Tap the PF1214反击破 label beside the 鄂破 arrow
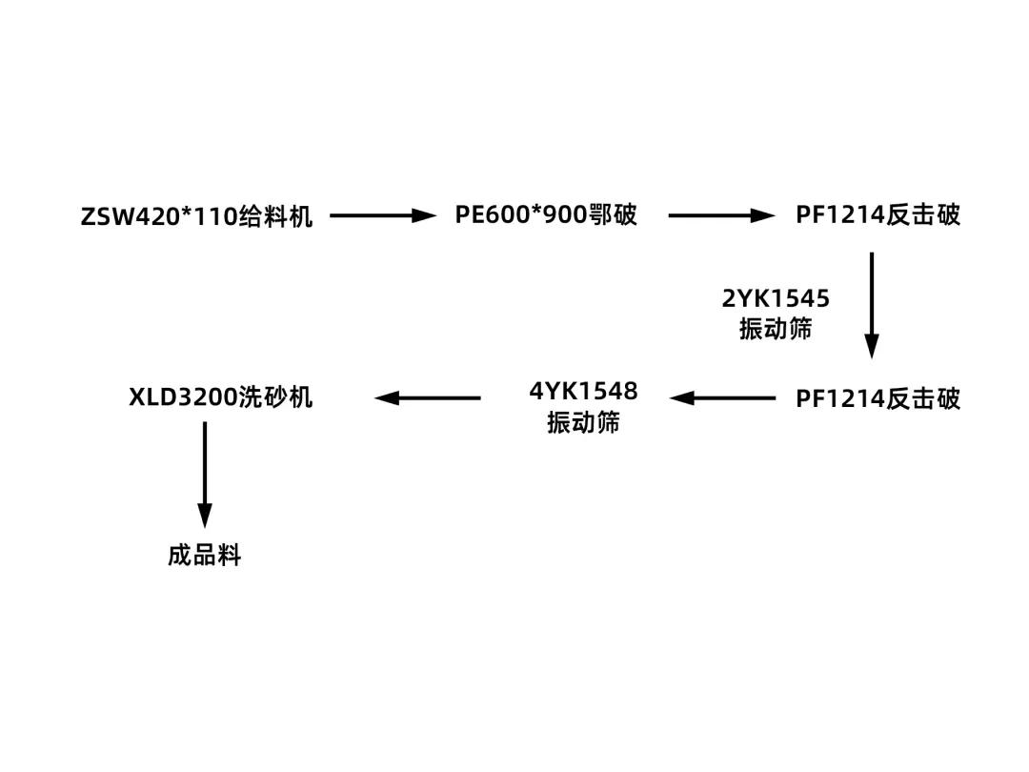[x=878, y=215]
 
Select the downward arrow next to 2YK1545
[x=871, y=304]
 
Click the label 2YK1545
[x=776, y=299]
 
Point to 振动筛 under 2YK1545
[x=776, y=329]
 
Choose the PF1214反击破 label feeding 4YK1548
[x=878, y=398]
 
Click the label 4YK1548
[x=583, y=391]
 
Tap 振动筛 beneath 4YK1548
[x=583, y=422]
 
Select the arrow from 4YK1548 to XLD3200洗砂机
[x=428, y=397]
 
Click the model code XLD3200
[x=183, y=397]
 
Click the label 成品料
[x=204, y=555]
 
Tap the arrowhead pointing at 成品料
[x=204, y=516]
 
